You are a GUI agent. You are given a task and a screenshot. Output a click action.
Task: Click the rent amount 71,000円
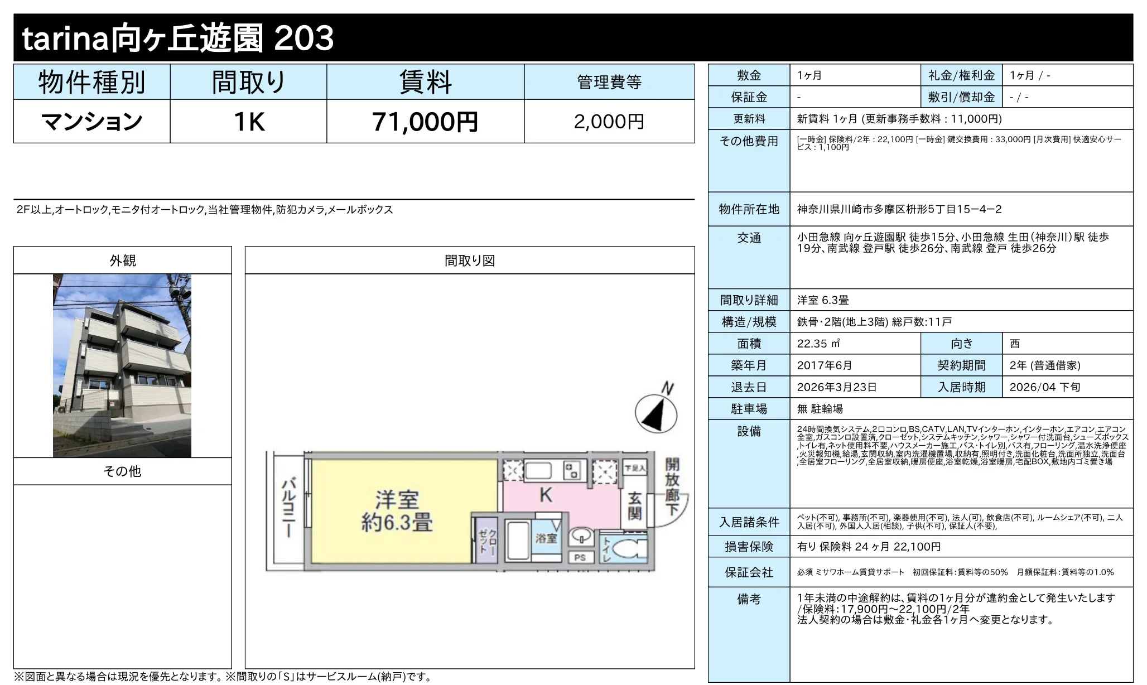click(x=425, y=122)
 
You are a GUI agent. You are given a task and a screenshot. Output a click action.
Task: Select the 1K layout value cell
click(x=249, y=122)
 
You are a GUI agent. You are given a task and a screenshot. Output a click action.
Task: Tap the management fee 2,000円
click(x=609, y=122)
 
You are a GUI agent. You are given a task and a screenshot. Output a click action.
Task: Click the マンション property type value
click(x=92, y=122)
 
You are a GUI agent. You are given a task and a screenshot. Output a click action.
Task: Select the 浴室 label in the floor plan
click(x=546, y=538)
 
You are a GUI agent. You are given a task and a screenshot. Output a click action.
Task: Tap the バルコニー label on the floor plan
click(x=288, y=508)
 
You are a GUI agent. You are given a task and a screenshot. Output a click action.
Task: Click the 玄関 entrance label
click(x=634, y=506)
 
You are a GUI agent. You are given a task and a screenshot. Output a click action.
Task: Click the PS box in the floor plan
click(x=580, y=557)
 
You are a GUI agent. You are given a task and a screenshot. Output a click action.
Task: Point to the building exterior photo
click(x=122, y=365)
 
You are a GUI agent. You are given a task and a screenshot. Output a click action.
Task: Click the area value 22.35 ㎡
click(x=818, y=344)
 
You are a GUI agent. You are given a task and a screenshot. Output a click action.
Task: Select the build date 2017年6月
click(x=825, y=365)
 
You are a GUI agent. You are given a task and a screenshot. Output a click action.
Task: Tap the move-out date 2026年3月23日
click(x=837, y=387)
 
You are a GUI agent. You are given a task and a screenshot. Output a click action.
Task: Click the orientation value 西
click(x=1015, y=344)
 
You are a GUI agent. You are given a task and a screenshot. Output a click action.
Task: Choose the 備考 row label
click(x=749, y=599)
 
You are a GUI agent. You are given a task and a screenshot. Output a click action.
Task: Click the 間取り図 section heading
click(x=470, y=261)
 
